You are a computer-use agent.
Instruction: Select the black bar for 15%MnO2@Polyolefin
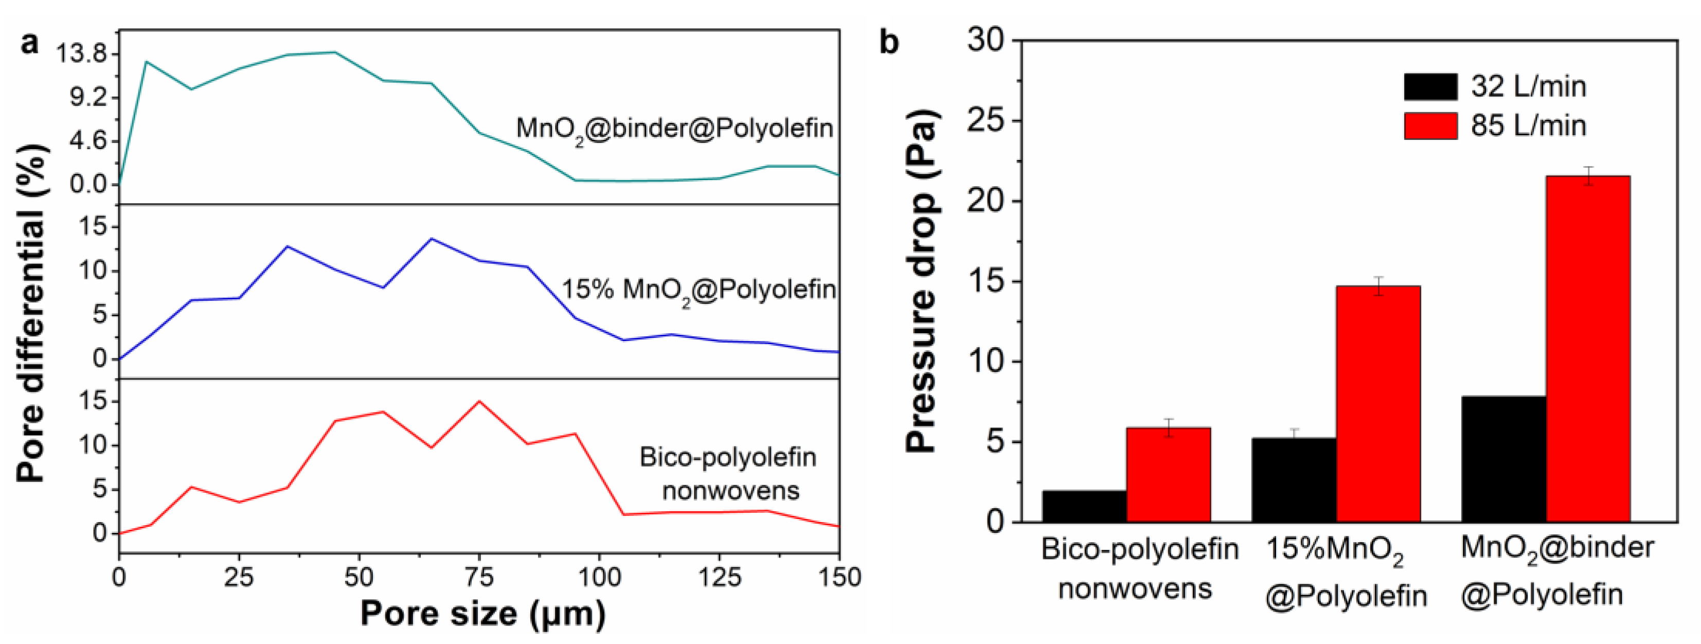click(1294, 480)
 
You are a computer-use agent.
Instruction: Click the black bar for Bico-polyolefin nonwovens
click(1084, 506)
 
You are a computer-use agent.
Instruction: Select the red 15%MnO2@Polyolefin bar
click(1378, 404)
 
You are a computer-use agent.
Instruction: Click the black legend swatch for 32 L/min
click(1430, 86)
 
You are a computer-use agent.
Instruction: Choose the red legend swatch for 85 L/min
click(1430, 126)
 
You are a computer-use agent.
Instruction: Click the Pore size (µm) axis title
click(482, 614)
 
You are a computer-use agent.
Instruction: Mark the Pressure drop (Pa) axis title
click(921, 281)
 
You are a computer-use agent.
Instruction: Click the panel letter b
click(889, 42)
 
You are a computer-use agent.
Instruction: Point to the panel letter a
click(30, 44)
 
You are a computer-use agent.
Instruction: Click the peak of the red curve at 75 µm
click(479, 401)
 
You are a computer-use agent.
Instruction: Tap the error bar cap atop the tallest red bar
click(1587, 167)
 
